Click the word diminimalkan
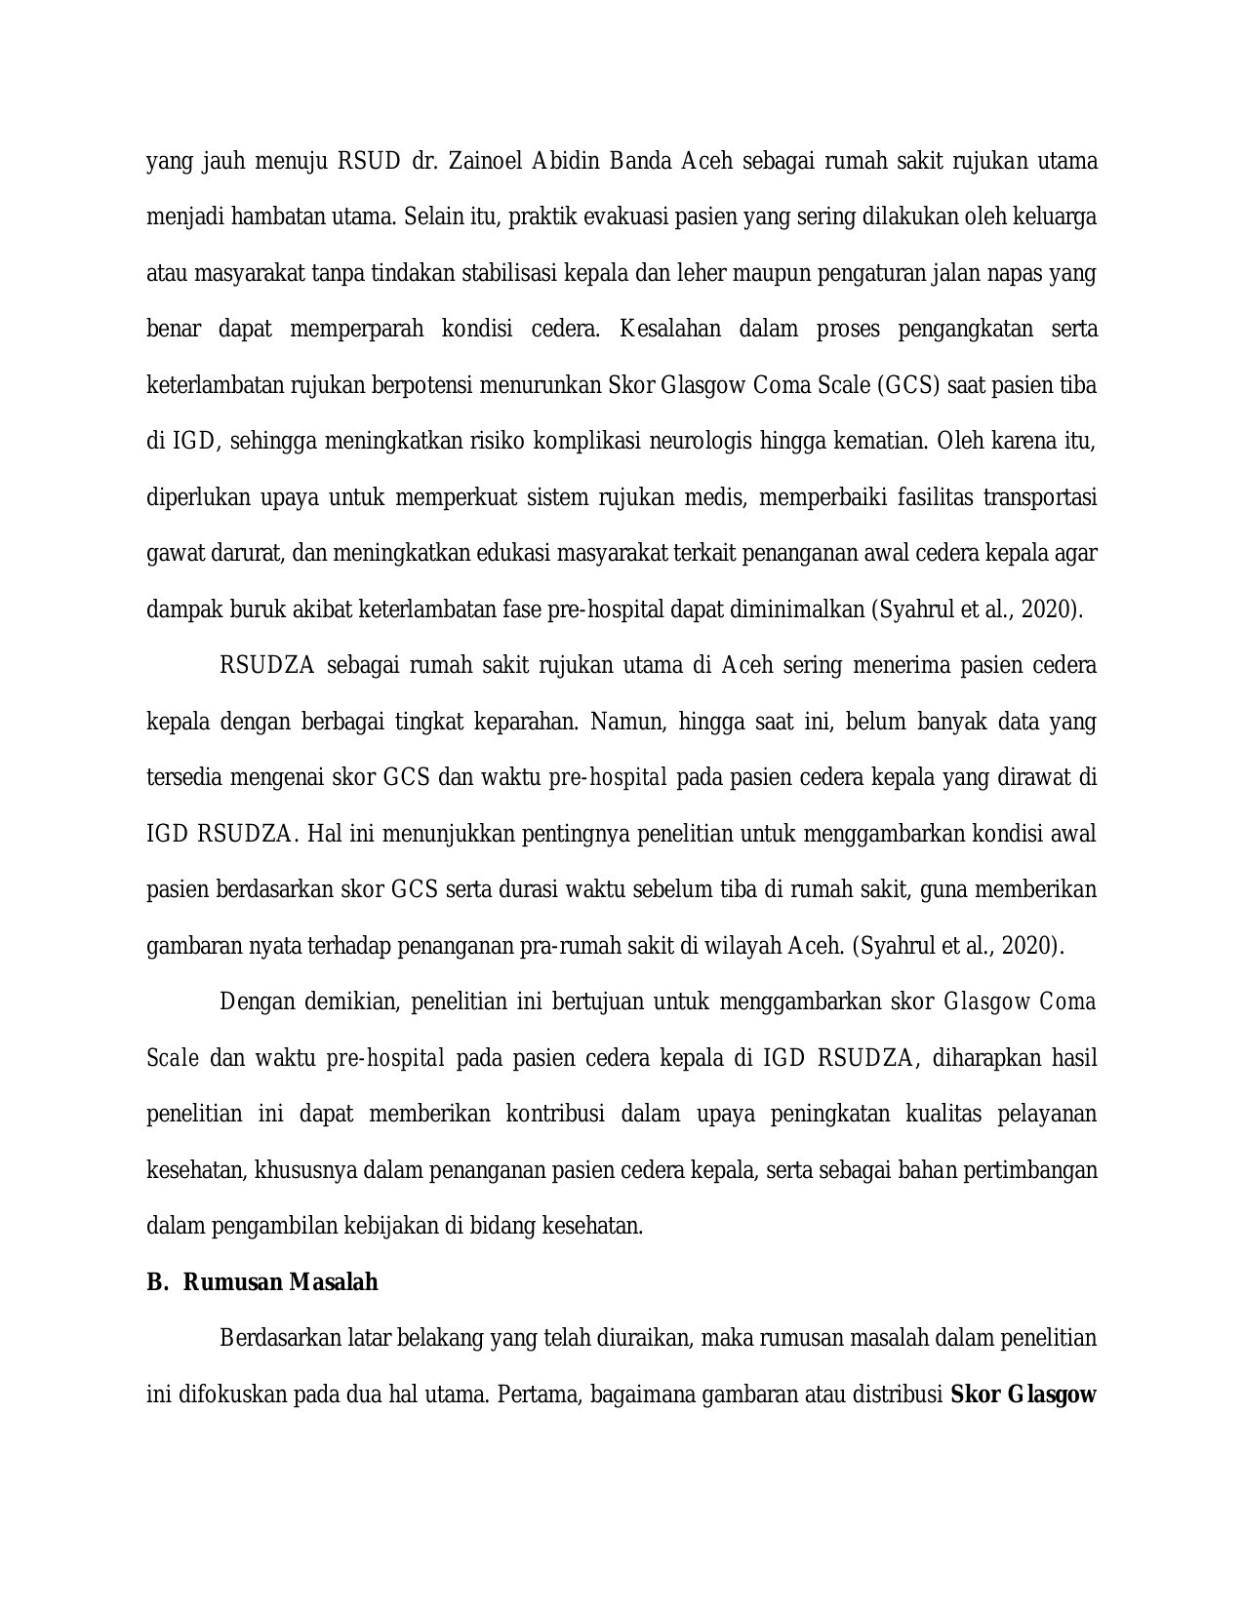[x=787, y=609]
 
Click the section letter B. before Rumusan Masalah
[x=157, y=1282]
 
